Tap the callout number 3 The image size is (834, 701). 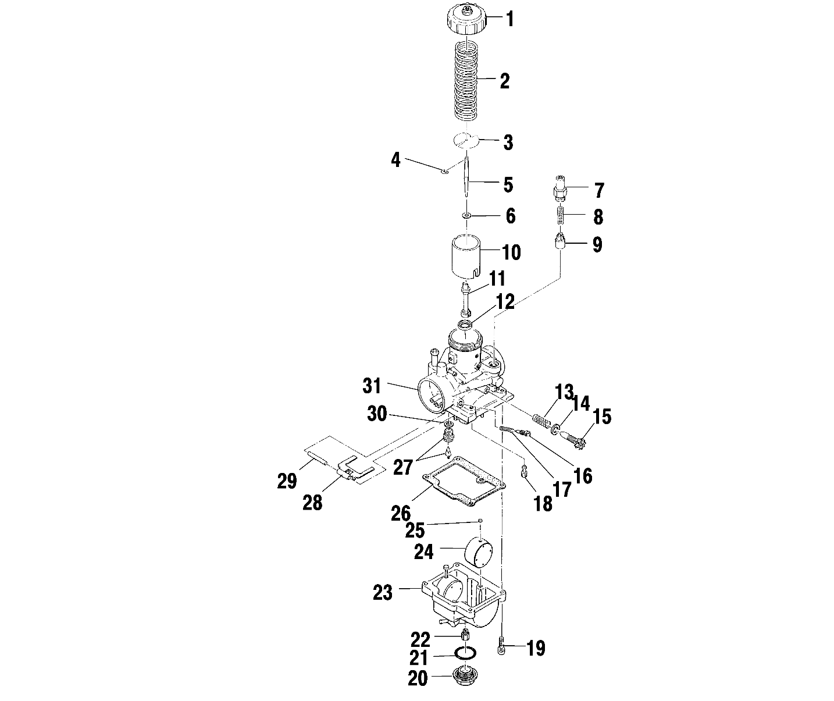(508, 143)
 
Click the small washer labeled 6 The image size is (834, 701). (466, 216)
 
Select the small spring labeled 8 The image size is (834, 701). (561, 216)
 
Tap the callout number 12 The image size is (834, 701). (505, 302)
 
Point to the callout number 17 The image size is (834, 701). (562, 489)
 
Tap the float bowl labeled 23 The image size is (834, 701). (459, 599)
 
